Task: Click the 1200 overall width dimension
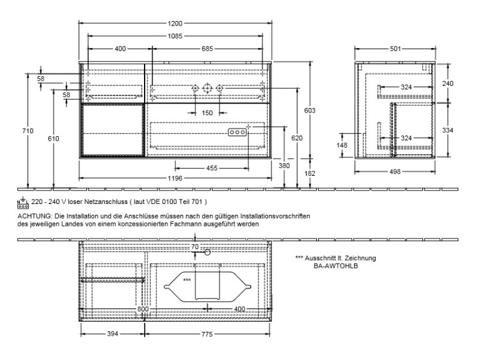[x=175, y=23]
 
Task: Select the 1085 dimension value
[x=175, y=36]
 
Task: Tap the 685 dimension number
[x=207, y=49]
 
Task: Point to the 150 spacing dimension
[x=207, y=113]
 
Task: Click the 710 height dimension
[x=28, y=131]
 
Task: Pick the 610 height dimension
[x=53, y=139]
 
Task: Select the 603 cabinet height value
[x=310, y=111]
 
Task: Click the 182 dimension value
[x=310, y=173]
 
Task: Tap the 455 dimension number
[x=212, y=168]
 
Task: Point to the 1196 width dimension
[x=175, y=178]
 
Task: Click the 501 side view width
[x=396, y=49]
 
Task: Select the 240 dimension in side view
[x=448, y=83]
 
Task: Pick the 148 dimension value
[x=342, y=145]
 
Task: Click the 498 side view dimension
[x=395, y=171]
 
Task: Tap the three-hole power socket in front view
[x=237, y=132]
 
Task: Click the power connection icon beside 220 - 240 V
[x=23, y=203]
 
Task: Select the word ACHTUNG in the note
[x=33, y=216]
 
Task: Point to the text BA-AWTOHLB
[x=335, y=266]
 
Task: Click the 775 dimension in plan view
[x=207, y=334]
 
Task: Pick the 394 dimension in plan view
[x=113, y=334]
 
